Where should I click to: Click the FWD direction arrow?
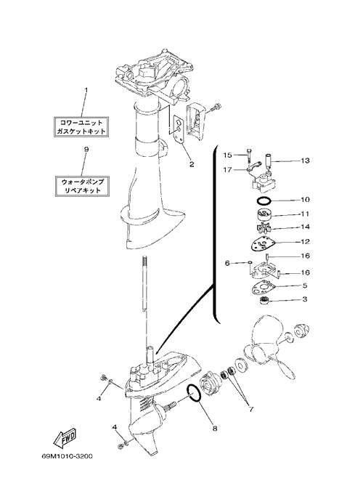65,437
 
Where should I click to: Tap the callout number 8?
215,428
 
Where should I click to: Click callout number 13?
306,161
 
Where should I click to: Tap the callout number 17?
227,170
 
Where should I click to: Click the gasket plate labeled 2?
179,128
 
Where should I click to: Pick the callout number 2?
191,164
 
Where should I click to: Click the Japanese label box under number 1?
81,127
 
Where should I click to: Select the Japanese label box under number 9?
82,186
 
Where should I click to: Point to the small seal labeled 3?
264,301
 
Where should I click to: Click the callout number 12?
306,242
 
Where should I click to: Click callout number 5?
305,285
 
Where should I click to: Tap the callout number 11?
305,214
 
